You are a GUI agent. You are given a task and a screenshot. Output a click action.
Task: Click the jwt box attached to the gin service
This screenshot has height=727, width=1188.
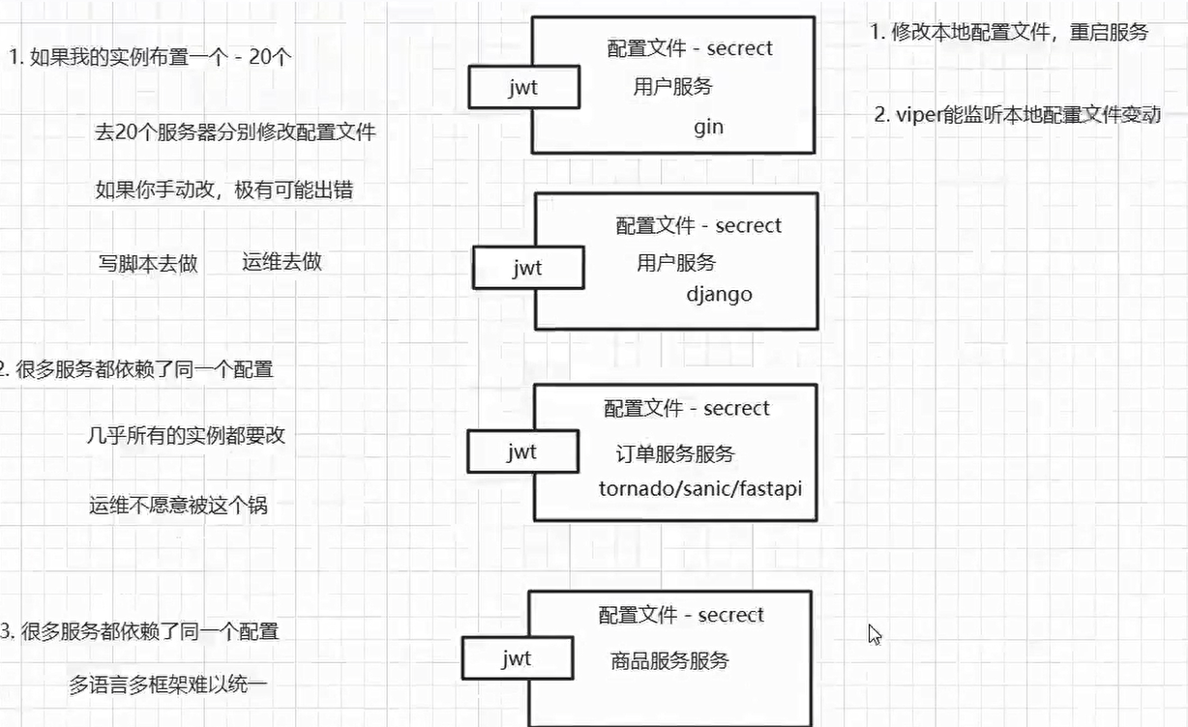click(523, 88)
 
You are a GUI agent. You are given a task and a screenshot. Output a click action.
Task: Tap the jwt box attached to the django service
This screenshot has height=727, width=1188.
click(527, 268)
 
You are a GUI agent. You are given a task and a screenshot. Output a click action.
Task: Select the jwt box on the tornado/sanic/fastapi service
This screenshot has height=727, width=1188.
click(521, 451)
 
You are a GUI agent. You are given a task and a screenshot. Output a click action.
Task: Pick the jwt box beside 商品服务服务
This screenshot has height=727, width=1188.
click(517, 659)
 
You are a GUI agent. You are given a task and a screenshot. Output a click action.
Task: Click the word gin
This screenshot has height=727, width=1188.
click(708, 127)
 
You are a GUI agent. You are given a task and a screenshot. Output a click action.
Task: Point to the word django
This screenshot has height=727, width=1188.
click(719, 294)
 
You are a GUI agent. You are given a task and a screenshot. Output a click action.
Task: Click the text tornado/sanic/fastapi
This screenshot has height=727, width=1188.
click(700, 488)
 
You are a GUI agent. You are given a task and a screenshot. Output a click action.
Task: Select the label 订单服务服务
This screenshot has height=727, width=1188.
click(675, 453)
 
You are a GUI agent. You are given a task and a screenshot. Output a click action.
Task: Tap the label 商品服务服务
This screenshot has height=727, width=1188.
click(669, 661)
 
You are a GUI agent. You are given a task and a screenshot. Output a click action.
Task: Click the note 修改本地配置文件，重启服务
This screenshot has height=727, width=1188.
click(1009, 32)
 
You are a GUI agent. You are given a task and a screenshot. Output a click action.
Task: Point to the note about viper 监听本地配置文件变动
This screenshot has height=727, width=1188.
click(1017, 115)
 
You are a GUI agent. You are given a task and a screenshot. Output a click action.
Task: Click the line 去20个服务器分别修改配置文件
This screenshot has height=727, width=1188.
click(235, 132)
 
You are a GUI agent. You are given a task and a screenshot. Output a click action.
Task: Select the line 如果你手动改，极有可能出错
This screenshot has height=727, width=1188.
click(224, 189)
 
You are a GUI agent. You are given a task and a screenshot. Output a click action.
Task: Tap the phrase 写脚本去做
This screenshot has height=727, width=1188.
click(148, 263)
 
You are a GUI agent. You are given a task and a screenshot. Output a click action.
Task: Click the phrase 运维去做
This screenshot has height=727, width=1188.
click(282, 261)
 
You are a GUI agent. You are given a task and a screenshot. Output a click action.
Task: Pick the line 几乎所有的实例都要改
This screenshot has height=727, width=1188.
click(186, 435)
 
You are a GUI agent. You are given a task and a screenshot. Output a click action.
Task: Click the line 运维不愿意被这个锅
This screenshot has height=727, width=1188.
click(178, 505)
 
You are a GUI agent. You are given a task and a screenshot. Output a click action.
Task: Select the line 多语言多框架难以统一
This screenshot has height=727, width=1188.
click(167, 686)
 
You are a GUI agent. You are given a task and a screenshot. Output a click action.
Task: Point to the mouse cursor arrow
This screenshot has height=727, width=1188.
click(875, 634)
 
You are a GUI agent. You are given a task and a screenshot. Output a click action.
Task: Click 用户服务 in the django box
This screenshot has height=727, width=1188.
click(676, 262)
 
